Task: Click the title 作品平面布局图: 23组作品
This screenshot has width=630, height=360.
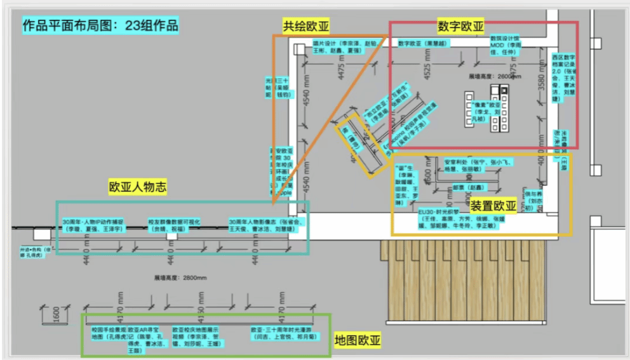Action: click(100, 26)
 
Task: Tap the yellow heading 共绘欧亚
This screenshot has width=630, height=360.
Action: click(307, 25)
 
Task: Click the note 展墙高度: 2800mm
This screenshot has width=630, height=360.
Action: click(180, 277)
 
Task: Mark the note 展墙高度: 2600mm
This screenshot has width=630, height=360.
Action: click(494, 77)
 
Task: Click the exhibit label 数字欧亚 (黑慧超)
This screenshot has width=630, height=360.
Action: click(424, 44)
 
